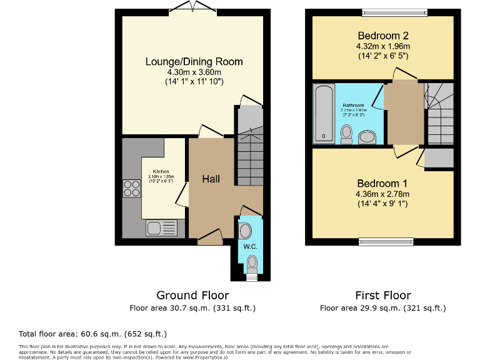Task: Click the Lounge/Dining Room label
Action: pos(194,62)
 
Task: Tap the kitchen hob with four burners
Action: pos(132,188)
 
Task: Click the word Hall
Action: pos(211,179)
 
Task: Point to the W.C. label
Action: pos(250,246)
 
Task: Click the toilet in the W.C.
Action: pos(251,265)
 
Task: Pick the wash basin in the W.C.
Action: pos(245,231)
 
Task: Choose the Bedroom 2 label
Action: pos(382,35)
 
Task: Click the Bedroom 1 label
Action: pos(382,184)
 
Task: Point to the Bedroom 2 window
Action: pos(394,12)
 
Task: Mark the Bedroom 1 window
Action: pos(386,241)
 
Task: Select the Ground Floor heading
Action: pos(192,295)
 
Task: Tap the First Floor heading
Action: pos(382,295)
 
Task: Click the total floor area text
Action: pos(93,334)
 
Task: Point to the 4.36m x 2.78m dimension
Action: pos(382,194)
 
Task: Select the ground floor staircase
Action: pos(249,156)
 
